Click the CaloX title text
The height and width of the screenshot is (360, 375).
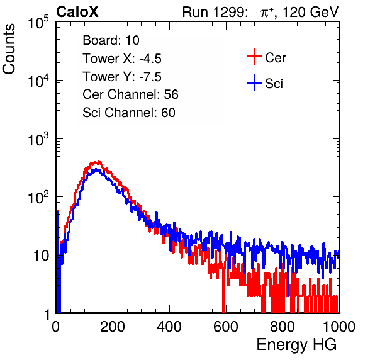[x=77, y=12]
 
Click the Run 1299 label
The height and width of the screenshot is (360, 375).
[x=215, y=12]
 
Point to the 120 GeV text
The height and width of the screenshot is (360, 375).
[x=310, y=12]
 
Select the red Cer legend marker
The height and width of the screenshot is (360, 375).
[x=254, y=57]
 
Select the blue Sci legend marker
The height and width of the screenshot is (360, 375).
[x=254, y=82]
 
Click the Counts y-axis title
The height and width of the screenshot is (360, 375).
[x=9, y=49]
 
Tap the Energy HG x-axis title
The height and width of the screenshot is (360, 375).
[x=296, y=345]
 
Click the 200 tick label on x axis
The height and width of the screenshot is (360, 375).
[x=113, y=327]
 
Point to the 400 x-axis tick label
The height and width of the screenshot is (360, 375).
[x=169, y=327]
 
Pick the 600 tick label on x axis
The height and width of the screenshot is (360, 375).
[x=226, y=327]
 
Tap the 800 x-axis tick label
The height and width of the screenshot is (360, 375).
[x=283, y=327]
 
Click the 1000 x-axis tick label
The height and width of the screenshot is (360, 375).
[x=339, y=327]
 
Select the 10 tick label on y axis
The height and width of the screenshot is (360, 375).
[x=41, y=256]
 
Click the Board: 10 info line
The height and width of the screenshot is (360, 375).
[x=111, y=40]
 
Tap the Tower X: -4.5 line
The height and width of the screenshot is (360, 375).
[x=122, y=59]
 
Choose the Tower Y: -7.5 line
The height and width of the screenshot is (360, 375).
[x=122, y=77]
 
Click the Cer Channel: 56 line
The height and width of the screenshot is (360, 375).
[x=130, y=94]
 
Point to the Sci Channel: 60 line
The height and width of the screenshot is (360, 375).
[x=129, y=113]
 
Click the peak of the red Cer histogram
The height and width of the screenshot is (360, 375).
[x=99, y=162]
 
